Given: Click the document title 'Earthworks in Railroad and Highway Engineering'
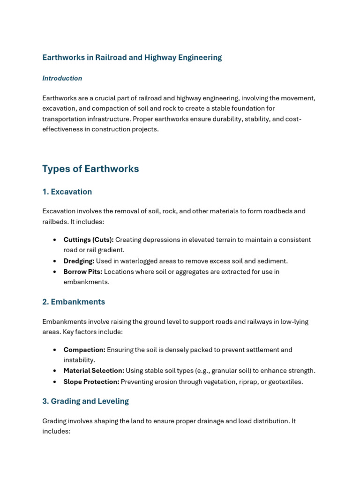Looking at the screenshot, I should [x=132, y=58].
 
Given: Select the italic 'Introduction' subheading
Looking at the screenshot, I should [x=62, y=78].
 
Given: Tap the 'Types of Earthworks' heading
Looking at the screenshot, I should [x=90, y=169].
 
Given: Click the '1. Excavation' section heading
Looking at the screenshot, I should [x=67, y=192].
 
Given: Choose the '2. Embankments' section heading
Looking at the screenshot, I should [x=74, y=302].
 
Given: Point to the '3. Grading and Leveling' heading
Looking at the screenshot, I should [x=85, y=401].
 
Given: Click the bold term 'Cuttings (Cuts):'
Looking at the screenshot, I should [x=89, y=240].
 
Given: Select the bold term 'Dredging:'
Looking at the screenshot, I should [x=79, y=261].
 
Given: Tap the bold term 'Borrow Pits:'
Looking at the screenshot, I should [x=82, y=272].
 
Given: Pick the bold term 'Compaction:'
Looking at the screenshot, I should [x=84, y=350].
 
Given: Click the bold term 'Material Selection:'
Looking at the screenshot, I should [x=94, y=371].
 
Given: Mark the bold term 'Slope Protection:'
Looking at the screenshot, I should [x=91, y=382].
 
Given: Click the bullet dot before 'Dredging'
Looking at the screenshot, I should [x=55, y=261].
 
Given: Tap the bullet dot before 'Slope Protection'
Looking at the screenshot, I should [x=55, y=382].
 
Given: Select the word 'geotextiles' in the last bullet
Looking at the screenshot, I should [x=285, y=382].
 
